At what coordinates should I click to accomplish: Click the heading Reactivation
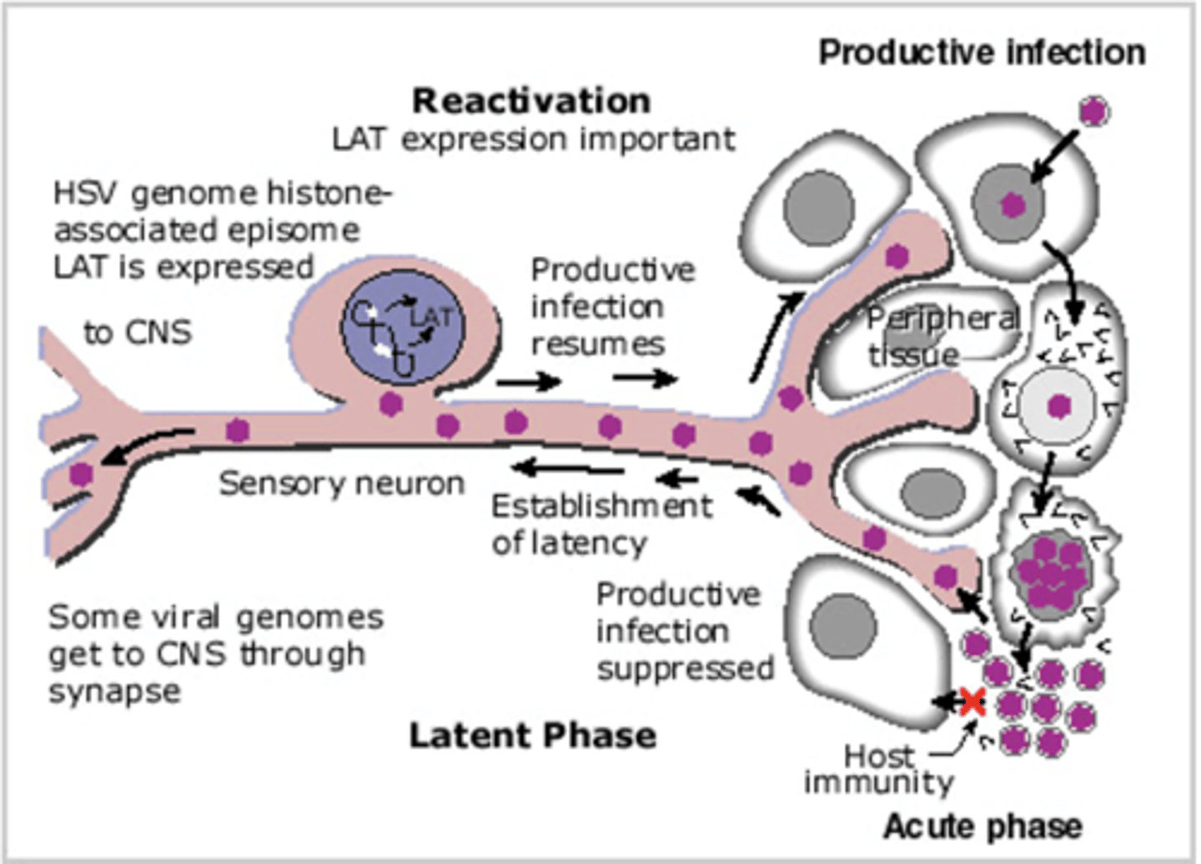(x=531, y=101)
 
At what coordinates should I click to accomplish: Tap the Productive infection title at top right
(x=982, y=53)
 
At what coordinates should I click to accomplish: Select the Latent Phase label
(x=532, y=736)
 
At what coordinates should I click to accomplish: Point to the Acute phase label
(x=982, y=826)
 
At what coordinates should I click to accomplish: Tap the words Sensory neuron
(x=341, y=483)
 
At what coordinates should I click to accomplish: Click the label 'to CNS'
(x=138, y=332)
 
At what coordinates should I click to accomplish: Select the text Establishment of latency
(x=601, y=524)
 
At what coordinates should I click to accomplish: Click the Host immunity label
(x=878, y=769)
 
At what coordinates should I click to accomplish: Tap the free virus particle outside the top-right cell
(x=1093, y=110)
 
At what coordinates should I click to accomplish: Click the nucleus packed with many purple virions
(x=1049, y=571)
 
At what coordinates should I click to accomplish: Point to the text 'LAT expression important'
(x=534, y=139)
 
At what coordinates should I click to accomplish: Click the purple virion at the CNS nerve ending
(x=81, y=474)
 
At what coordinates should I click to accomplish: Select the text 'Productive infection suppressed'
(x=684, y=631)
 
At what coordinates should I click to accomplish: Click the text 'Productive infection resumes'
(x=612, y=306)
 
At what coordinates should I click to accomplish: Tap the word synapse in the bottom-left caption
(x=114, y=691)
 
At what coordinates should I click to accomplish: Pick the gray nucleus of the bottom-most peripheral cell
(x=843, y=626)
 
